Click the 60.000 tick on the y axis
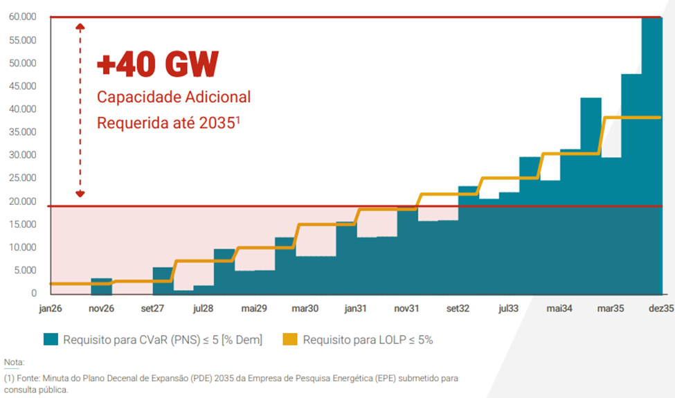click(x=24, y=17)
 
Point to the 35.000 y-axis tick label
click(x=24, y=132)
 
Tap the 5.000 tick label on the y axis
click(x=26, y=271)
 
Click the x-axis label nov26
click(x=102, y=308)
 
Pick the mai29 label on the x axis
click(x=253, y=308)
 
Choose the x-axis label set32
click(x=458, y=308)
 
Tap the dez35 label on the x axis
click(x=660, y=308)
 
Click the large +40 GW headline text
click(x=157, y=65)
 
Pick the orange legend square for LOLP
click(x=290, y=339)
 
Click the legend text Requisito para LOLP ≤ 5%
click(x=368, y=339)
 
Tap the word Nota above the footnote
click(x=13, y=363)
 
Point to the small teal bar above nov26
click(x=102, y=287)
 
